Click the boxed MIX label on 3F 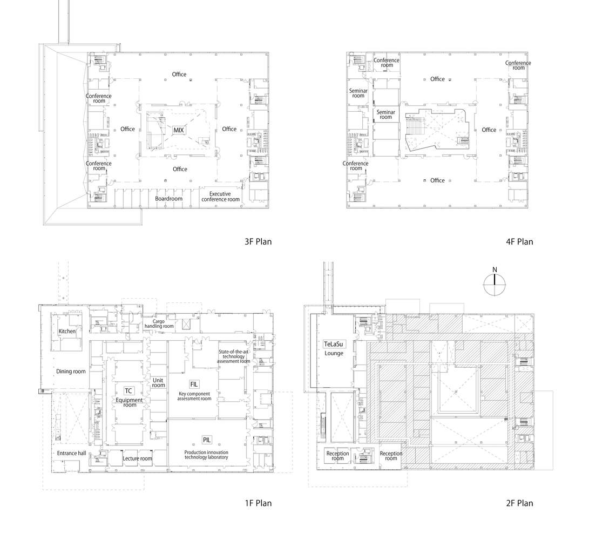[x=179, y=130]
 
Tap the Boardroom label [x=168, y=198]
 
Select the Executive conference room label [x=220, y=197]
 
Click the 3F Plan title [x=258, y=241]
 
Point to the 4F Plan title [x=519, y=241]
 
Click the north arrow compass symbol [x=495, y=285]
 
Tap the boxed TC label [x=128, y=391]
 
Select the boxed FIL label [x=194, y=384]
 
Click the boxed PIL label [x=207, y=440]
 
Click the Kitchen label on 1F [x=67, y=331]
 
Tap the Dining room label [x=71, y=372]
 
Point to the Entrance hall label [x=72, y=453]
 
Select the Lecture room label [x=138, y=458]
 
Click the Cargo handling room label [x=159, y=323]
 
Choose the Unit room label [x=159, y=382]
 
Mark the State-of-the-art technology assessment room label [x=234, y=356]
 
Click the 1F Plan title [x=258, y=503]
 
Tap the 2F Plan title [x=519, y=503]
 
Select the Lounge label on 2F [x=334, y=353]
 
